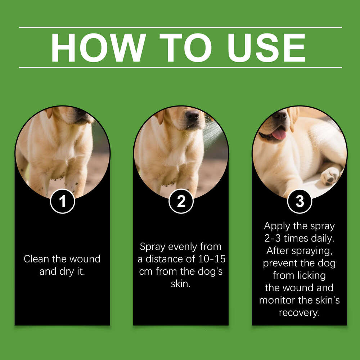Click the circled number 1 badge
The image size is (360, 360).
point(63,201)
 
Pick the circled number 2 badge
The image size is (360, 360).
point(181,201)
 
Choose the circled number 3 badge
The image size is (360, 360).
point(300,201)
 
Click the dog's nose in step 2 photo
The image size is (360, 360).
point(192,116)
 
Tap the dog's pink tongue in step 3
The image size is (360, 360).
point(279,134)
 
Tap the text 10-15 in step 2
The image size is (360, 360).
point(212,259)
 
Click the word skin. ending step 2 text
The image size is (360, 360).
point(181,284)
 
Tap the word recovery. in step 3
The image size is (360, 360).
point(299,312)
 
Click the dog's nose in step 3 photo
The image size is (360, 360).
point(279,116)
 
